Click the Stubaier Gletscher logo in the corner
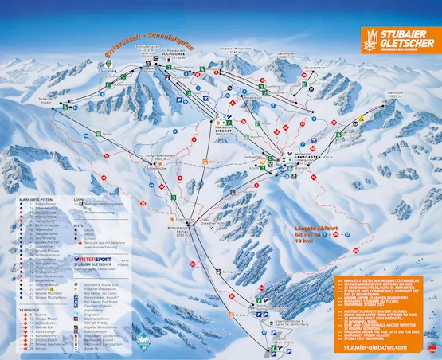tap(397, 40)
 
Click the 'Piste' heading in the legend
tap(77, 225)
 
